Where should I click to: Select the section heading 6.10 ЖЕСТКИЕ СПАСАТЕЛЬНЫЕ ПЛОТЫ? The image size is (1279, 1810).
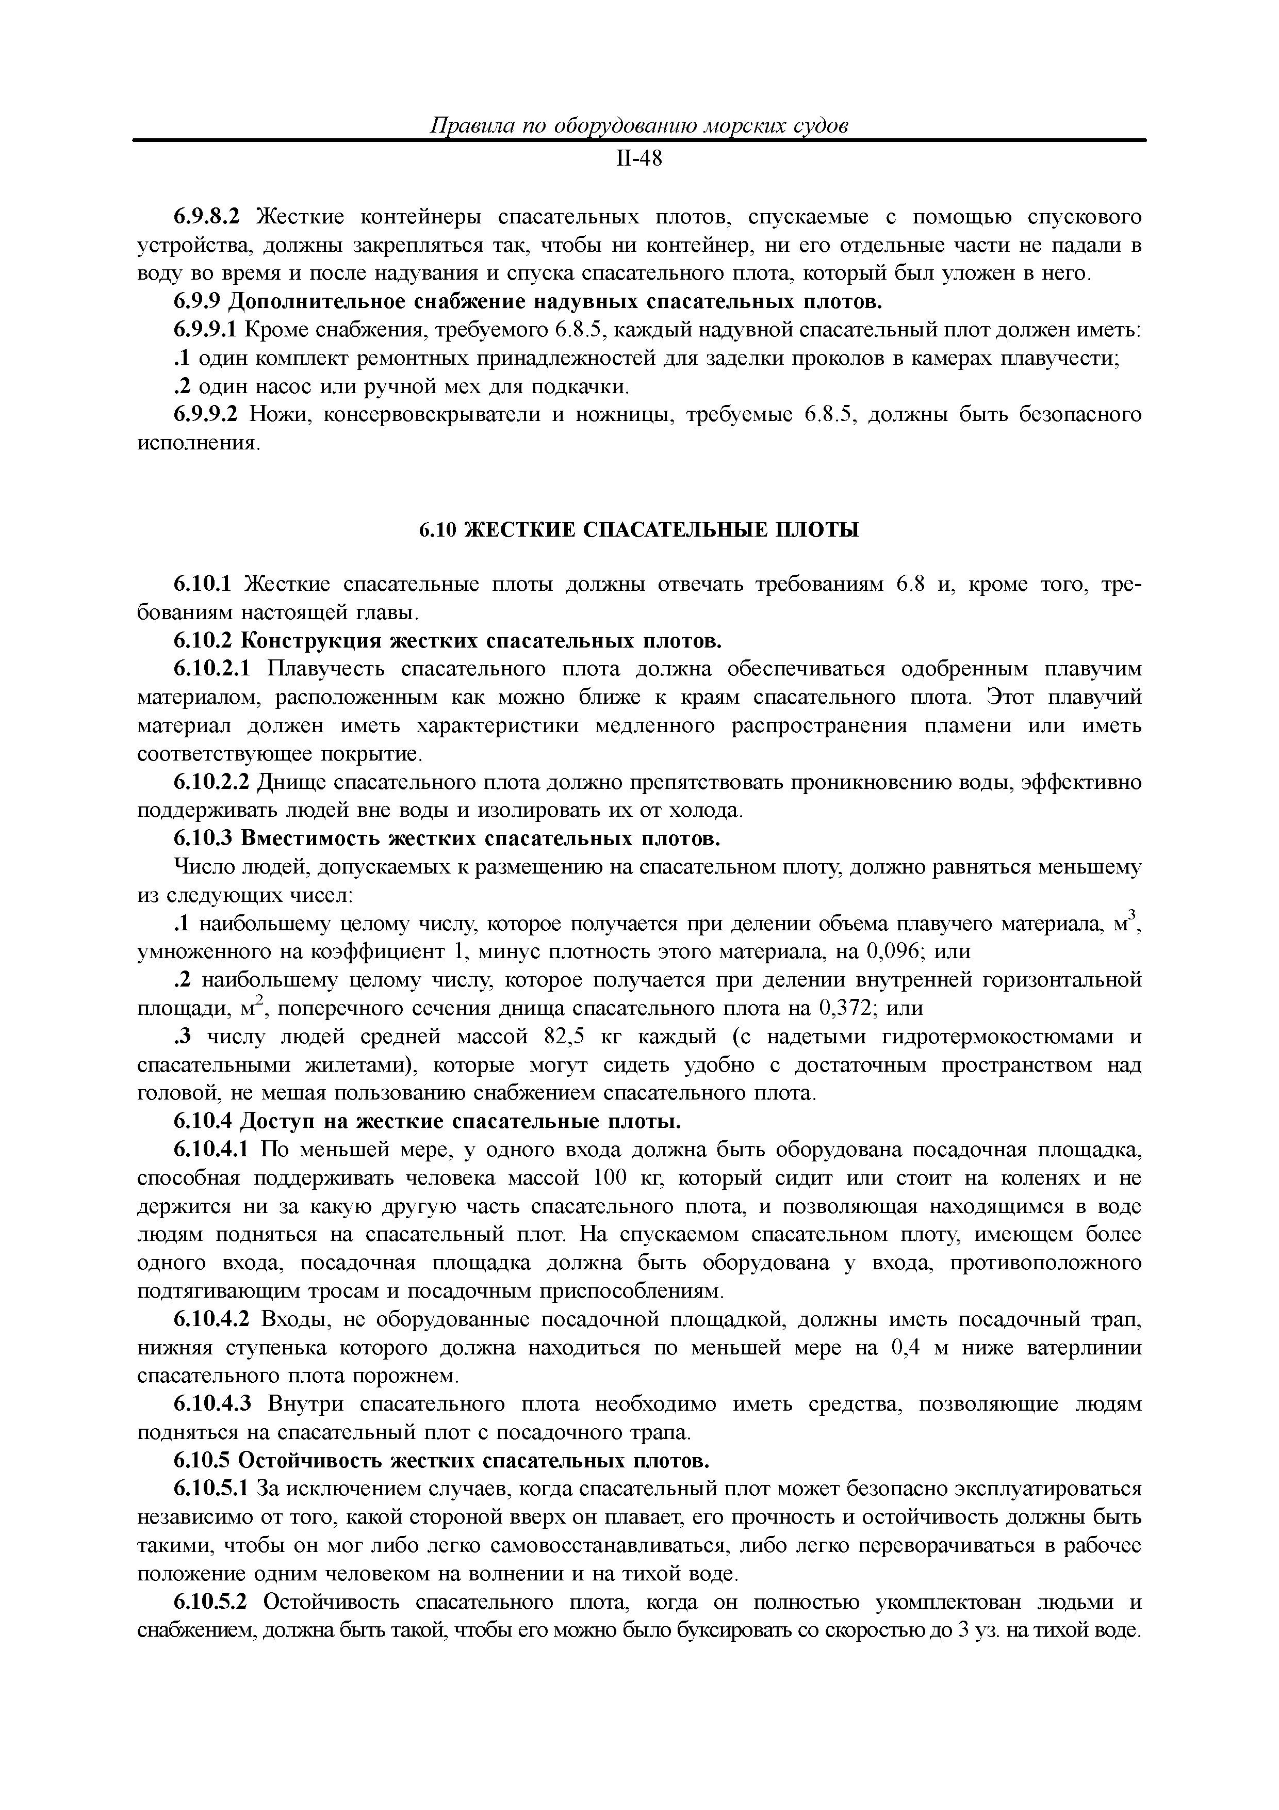tap(638, 530)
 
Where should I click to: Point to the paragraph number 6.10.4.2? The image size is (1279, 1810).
tap(211, 1320)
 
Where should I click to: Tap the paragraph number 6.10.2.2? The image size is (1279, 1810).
tap(211, 783)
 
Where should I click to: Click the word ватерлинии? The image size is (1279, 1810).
tap(1085, 1348)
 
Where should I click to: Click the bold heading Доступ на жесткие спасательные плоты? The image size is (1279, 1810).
tap(460, 1121)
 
